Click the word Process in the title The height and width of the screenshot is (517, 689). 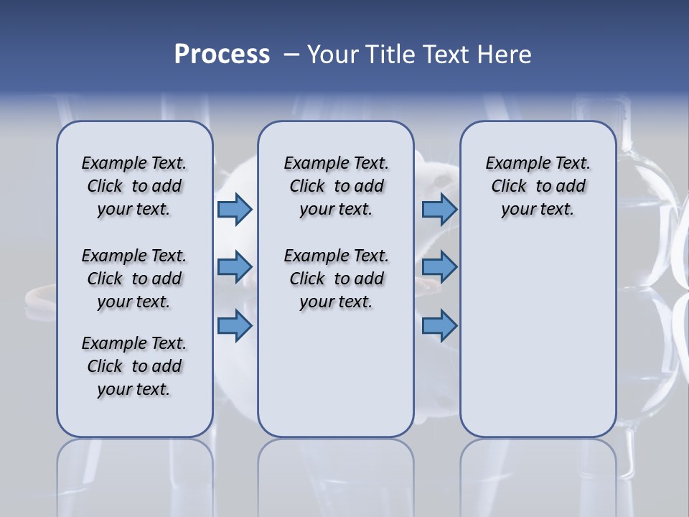pyautogui.click(x=222, y=55)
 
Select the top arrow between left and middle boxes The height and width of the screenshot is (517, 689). pyautogui.click(x=235, y=209)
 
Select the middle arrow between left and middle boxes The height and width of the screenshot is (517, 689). pyautogui.click(x=235, y=267)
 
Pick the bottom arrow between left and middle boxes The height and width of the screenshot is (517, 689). pyautogui.click(x=235, y=326)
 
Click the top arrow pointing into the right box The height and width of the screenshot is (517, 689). pyautogui.click(x=439, y=209)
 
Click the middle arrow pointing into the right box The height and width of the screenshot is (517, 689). pyautogui.click(x=439, y=267)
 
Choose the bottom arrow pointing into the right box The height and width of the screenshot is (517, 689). pyautogui.click(x=439, y=326)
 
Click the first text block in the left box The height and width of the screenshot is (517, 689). pyautogui.click(x=134, y=186)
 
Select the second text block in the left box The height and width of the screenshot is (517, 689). pyautogui.click(x=134, y=279)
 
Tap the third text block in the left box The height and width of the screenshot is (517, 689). pyautogui.click(x=134, y=366)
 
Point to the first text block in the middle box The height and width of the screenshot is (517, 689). pyautogui.click(x=336, y=186)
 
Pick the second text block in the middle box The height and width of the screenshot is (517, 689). pyautogui.click(x=336, y=279)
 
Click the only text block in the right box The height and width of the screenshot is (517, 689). pyautogui.click(x=538, y=186)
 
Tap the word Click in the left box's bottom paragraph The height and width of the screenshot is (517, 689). pyautogui.click(x=105, y=366)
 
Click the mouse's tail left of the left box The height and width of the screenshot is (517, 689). pyautogui.click(x=37, y=294)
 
